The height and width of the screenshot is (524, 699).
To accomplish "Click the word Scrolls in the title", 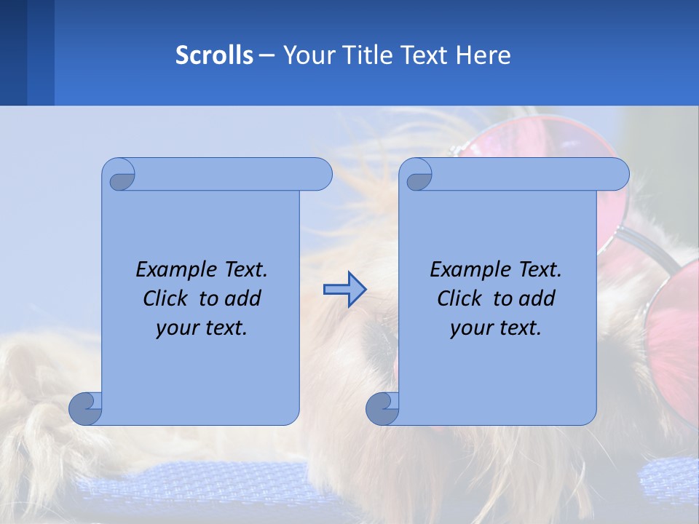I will (214, 55).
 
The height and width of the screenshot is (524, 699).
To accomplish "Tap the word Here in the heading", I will (483, 55).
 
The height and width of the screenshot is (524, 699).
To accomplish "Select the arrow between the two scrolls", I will (344, 290).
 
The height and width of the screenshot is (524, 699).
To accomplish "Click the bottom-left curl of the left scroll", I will (85, 408).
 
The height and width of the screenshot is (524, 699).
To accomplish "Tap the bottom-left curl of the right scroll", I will (382, 408).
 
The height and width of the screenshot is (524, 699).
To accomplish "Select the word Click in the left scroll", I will (165, 298).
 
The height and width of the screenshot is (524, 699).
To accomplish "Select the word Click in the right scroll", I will (459, 298).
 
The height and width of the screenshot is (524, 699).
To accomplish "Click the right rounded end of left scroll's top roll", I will (320, 174).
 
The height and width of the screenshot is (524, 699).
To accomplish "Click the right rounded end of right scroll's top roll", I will (617, 174).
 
